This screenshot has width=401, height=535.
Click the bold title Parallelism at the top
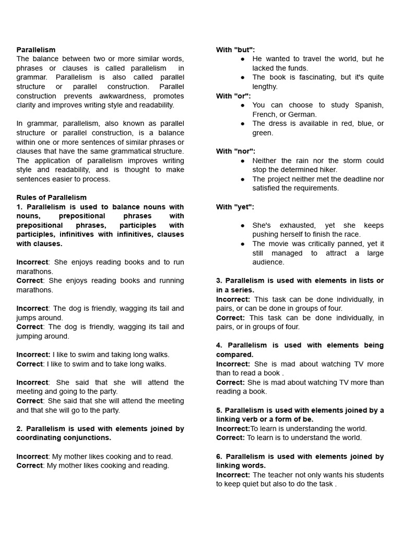tap(36, 50)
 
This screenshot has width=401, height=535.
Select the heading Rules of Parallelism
tap(51, 197)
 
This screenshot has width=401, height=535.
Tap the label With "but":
tap(235, 50)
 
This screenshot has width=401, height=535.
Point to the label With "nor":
tap(235, 151)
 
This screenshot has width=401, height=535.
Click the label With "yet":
tap(235, 207)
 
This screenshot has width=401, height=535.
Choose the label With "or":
tap(233, 96)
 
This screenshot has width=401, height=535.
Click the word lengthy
tap(265, 87)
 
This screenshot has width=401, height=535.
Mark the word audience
tap(268, 262)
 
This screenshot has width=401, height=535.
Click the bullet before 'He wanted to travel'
tap(243, 59)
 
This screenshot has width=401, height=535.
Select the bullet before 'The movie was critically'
tap(243, 244)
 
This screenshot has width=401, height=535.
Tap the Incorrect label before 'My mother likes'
tap(32, 457)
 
